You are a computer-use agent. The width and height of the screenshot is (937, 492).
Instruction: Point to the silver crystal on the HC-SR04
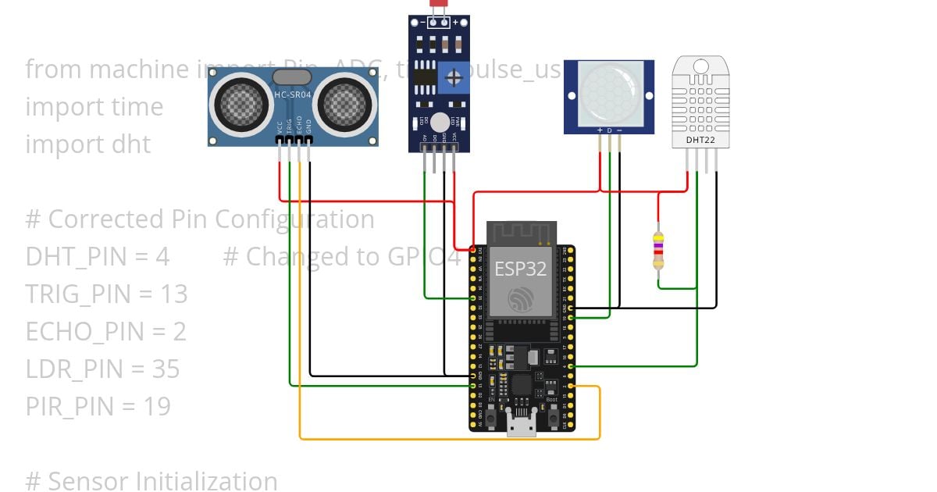(292, 77)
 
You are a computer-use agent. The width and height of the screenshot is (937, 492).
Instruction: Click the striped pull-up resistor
(658, 251)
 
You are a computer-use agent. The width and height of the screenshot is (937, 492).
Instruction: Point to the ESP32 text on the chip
(520, 269)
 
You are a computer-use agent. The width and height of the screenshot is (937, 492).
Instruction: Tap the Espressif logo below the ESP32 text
(520, 299)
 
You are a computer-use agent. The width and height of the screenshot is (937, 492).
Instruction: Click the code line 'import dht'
(88, 144)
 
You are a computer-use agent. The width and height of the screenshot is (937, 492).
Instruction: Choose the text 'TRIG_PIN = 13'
(106, 294)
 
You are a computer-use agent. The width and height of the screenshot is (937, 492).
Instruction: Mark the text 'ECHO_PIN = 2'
(105, 331)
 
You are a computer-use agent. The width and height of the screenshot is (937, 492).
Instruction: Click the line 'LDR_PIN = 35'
(102, 369)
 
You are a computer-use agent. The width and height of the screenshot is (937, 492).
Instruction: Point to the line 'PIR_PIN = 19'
(98, 406)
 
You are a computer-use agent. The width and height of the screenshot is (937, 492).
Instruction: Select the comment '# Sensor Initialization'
(151, 481)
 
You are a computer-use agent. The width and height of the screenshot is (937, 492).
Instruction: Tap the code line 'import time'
(94, 107)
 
